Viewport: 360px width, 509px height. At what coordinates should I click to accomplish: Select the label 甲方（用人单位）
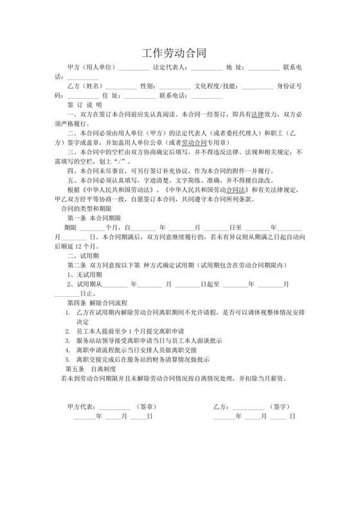[x=91, y=67]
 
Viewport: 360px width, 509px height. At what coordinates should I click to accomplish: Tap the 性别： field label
[x=148, y=85]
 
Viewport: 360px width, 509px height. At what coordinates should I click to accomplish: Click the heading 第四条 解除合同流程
[x=98, y=301]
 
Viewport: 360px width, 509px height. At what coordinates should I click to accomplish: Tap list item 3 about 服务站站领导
[x=148, y=341]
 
